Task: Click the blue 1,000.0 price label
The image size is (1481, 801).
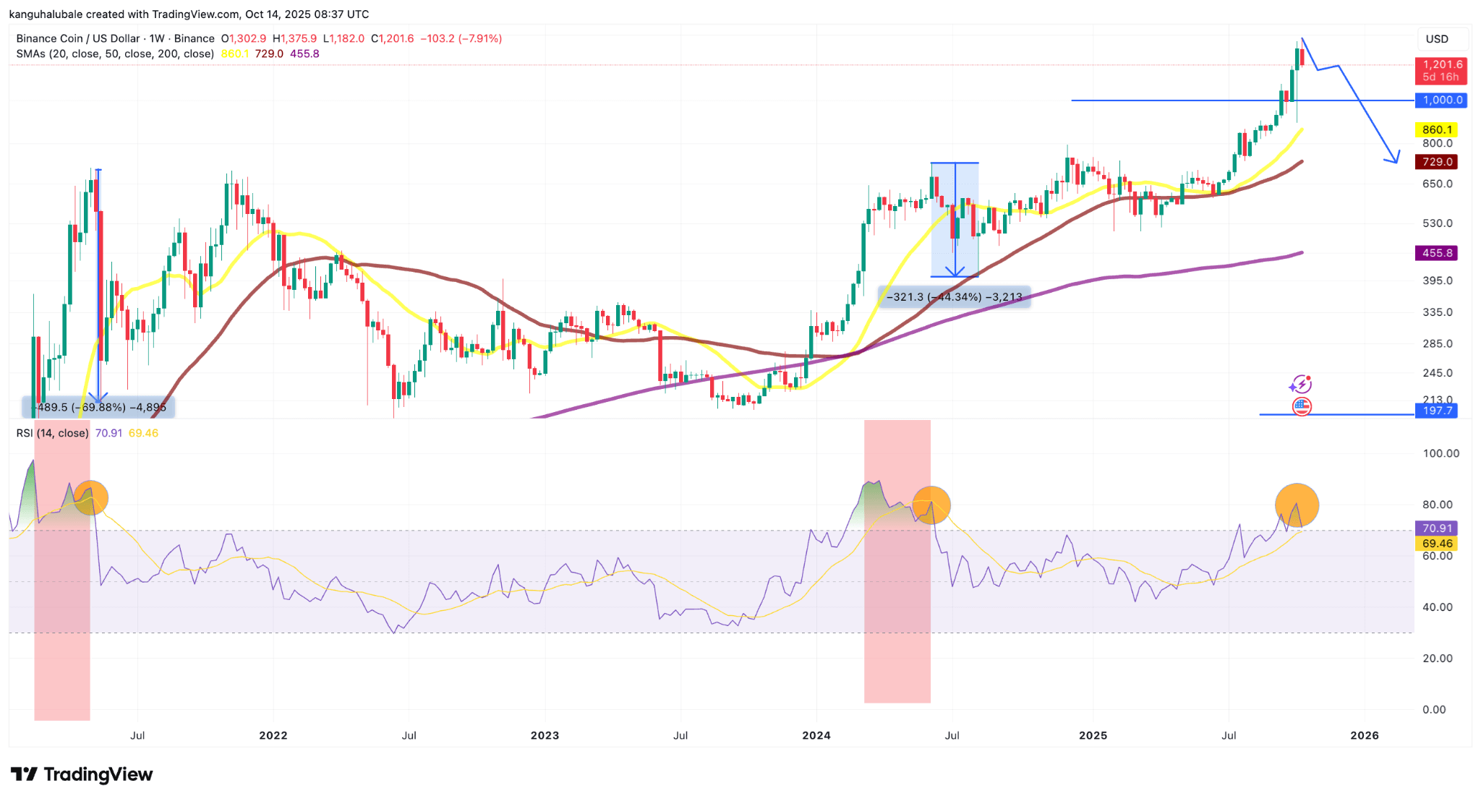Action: pos(1441,100)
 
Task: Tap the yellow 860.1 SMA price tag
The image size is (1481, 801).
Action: pos(1436,129)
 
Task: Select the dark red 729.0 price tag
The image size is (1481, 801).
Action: pos(1436,162)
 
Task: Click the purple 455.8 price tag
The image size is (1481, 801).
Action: pos(1436,253)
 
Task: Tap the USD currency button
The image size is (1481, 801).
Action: pos(1437,39)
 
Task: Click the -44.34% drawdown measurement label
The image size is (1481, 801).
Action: pos(955,297)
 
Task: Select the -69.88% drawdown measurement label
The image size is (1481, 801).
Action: pos(99,408)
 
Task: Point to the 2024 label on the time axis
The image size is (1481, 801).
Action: pos(816,735)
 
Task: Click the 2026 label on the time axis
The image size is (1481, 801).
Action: pos(1364,735)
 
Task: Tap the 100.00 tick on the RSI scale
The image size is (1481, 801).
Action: pos(1441,453)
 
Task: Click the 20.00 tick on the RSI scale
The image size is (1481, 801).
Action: pos(1438,658)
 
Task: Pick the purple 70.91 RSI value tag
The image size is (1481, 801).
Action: pos(1436,528)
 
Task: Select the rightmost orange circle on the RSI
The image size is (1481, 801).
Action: pos(1297,505)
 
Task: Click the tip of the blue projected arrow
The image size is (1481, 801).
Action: pos(1395,162)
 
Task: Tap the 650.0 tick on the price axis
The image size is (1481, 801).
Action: pos(1437,184)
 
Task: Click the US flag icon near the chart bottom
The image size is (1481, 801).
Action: pos(1301,406)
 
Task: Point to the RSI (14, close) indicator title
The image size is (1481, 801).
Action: pos(52,433)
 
